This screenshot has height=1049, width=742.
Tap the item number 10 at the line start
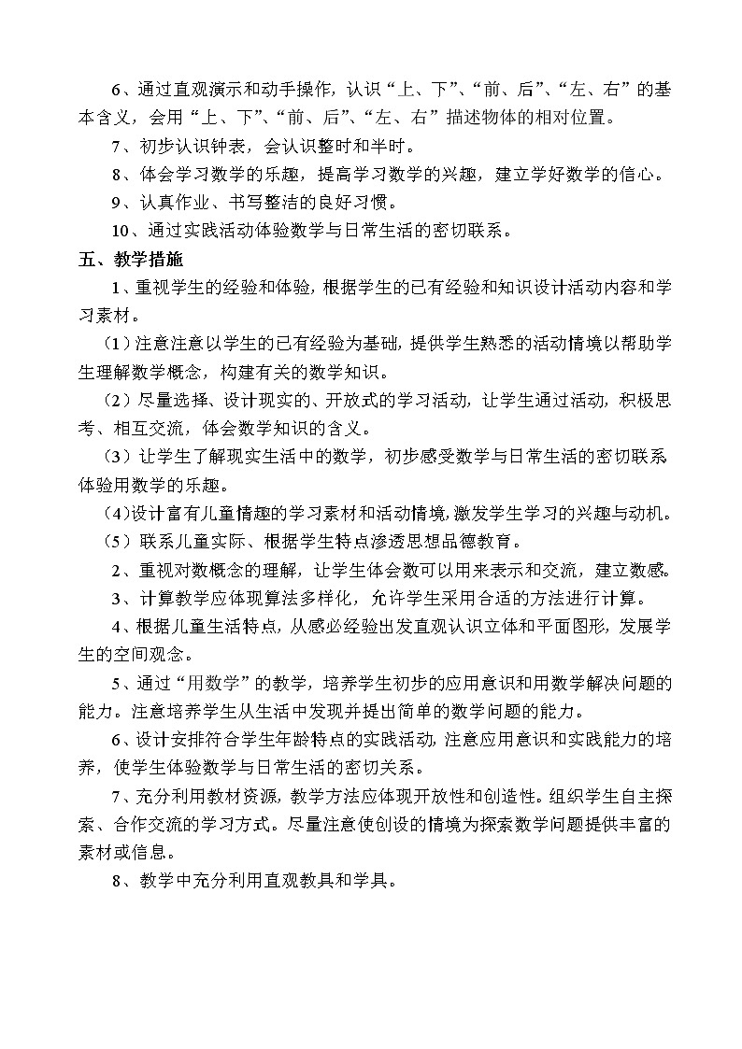pos(121,232)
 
